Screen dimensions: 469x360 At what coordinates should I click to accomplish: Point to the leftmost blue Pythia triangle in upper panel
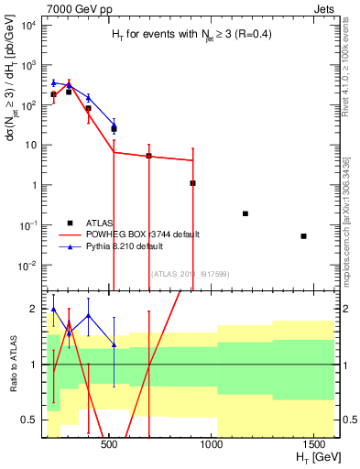pos(54,82)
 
